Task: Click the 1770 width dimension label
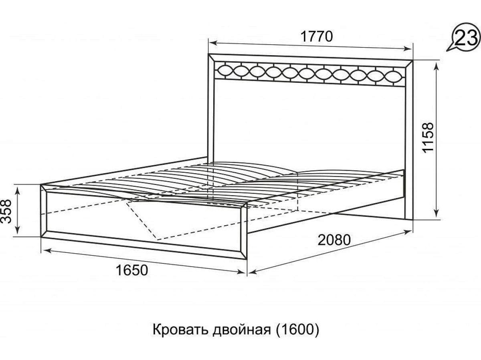point(317,36)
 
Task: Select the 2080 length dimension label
point(334,240)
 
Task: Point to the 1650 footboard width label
point(132,270)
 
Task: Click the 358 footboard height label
point(6,211)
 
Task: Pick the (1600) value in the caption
point(297,336)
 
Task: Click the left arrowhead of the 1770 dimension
point(212,43)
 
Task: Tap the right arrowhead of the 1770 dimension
point(408,49)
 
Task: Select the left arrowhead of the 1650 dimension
point(46,250)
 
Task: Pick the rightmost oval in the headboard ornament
point(394,76)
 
